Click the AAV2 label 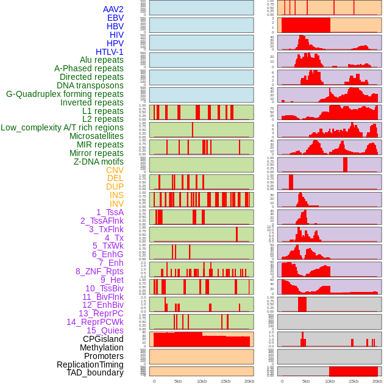coord(113,9)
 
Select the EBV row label coord(115,18)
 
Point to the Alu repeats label coord(101,60)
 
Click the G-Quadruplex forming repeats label coord(65,94)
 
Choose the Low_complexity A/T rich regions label coord(62,127)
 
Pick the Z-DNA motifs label coord(98,162)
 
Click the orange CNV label coord(115,170)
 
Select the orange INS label coord(116,195)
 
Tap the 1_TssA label coord(110,212)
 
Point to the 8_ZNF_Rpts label coord(99,271)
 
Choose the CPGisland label coord(103,339)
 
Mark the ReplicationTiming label coord(90,364)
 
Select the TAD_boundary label coord(94,372)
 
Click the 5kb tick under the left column coord(178,381)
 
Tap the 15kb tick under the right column coord(354,381)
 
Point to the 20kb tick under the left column coord(249,381)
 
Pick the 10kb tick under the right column coord(330,381)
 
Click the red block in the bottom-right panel coord(354,371)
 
